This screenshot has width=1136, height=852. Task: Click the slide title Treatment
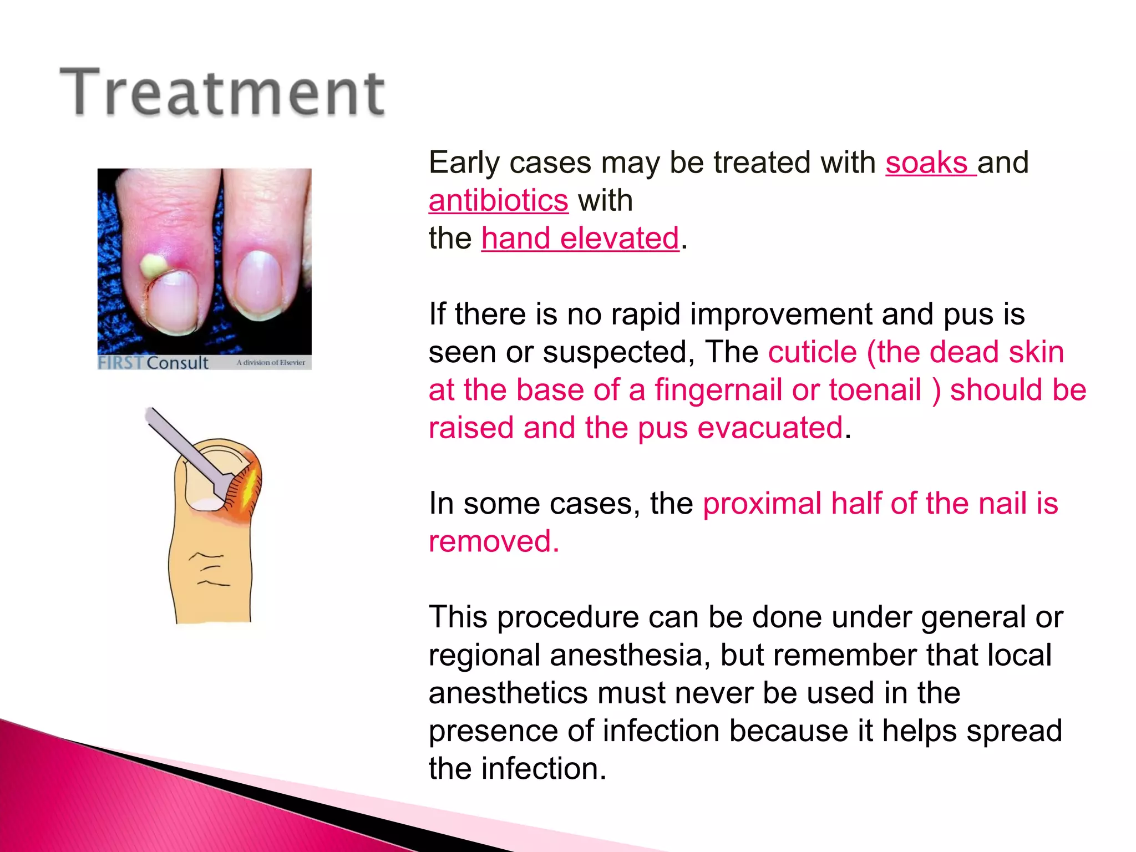[222, 92]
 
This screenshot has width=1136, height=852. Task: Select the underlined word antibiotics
[498, 201]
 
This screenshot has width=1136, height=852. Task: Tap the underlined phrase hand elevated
[580, 239]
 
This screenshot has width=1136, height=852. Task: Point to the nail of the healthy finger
[258, 282]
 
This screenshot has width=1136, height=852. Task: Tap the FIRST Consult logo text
[153, 363]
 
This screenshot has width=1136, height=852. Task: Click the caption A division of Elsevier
[271, 363]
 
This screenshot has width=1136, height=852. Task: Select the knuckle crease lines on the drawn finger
[209, 570]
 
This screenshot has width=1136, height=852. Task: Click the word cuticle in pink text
[813, 352]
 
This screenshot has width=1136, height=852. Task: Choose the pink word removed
[494, 542]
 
